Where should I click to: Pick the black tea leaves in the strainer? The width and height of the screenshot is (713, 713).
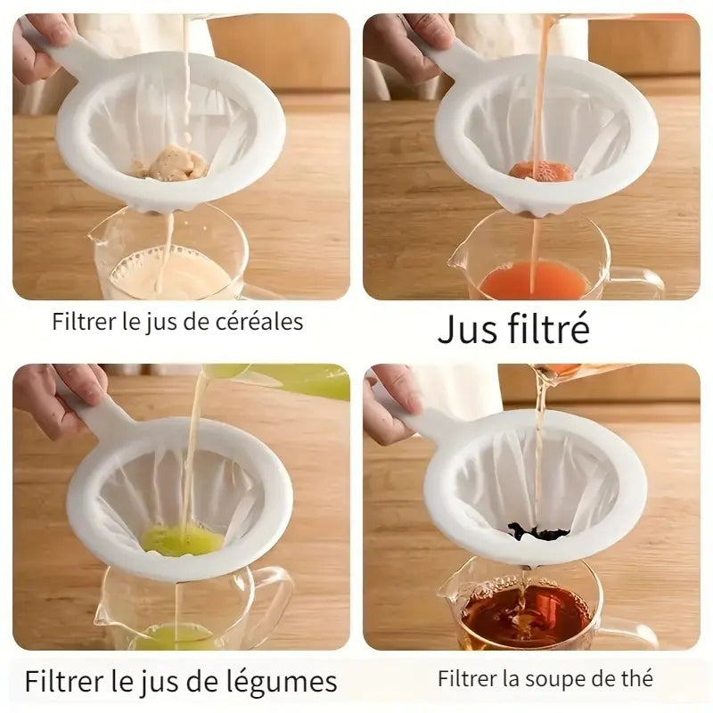(538, 532)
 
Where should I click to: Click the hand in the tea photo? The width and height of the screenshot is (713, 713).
(392, 401)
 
